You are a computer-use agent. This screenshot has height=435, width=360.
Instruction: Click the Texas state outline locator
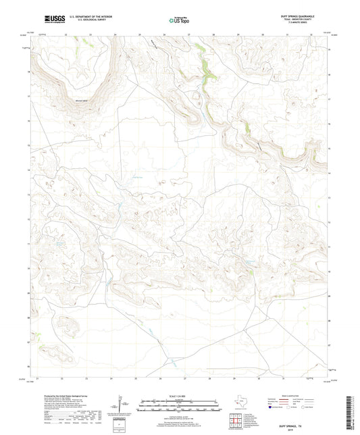pos(238,405)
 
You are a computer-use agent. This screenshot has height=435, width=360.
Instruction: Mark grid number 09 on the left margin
pos(28,295)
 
